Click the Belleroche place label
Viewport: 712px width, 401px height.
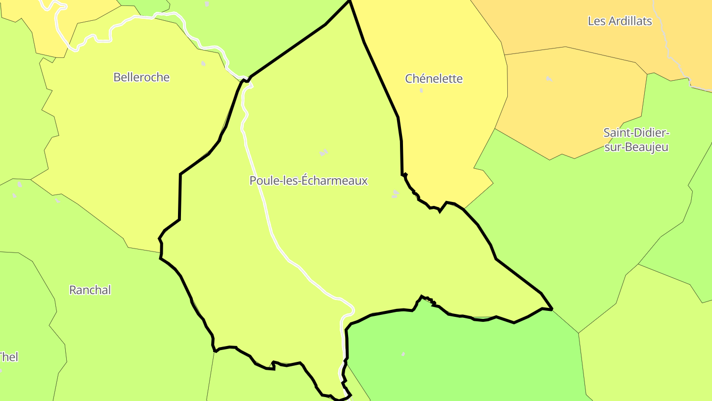point(141,77)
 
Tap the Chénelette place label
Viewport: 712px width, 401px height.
point(434,79)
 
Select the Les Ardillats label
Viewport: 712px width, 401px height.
point(620,21)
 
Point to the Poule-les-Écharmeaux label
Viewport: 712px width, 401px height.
point(309,181)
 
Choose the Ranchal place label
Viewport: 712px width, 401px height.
point(90,290)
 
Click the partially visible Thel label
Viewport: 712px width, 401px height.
point(8,357)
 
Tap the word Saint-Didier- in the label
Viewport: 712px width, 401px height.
point(636,133)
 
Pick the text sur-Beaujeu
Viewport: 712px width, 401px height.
point(636,147)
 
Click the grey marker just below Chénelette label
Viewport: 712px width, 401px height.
point(421,91)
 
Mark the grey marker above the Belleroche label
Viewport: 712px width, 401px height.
point(203,63)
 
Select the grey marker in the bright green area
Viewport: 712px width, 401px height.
point(403,354)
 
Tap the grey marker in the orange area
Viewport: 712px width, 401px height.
point(549,79)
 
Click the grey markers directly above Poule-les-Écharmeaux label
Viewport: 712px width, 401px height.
point(323,152)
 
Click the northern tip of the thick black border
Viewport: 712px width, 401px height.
point(350,1)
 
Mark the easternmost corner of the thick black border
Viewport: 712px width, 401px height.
point(551,309)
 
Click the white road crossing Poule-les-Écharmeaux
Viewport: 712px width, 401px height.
point(267,213)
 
